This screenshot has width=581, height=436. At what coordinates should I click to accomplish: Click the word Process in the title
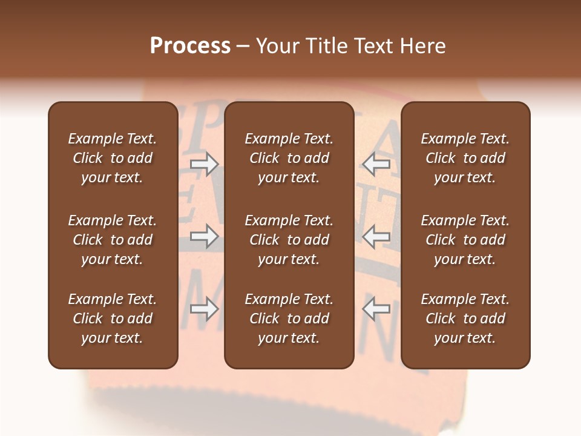190,46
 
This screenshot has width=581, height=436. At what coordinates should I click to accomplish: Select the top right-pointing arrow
204,164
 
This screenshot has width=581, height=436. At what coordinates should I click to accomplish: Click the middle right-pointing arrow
204,237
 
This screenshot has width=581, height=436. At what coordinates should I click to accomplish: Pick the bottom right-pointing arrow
204,309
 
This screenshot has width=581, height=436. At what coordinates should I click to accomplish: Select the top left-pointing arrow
376,164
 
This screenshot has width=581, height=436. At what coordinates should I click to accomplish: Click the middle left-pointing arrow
376,237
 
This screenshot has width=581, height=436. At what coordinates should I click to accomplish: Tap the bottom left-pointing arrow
376,309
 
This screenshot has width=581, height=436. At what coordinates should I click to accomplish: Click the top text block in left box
113,158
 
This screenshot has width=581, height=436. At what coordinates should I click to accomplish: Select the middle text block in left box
113,240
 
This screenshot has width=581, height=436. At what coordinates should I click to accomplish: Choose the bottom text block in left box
113,319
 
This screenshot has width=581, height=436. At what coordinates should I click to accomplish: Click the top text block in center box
289,158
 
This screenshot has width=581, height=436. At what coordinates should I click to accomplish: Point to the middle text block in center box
289,240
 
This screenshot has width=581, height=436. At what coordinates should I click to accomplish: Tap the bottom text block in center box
289,319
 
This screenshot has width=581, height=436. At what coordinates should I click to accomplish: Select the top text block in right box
465,158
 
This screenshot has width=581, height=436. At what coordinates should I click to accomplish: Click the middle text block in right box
465,240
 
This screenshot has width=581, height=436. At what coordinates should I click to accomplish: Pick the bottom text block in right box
465,319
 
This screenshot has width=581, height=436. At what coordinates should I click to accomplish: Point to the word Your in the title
278,46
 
